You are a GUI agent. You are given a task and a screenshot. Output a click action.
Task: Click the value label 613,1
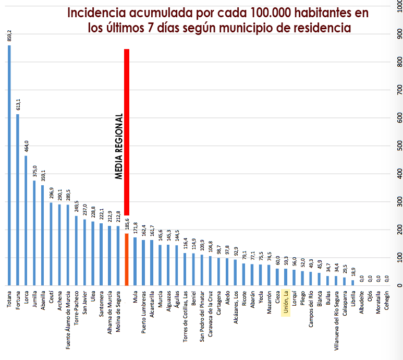[18, 104]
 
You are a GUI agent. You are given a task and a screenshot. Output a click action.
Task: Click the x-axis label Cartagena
[218, 305]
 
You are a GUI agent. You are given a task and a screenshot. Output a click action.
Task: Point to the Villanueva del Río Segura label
[336, 318]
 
